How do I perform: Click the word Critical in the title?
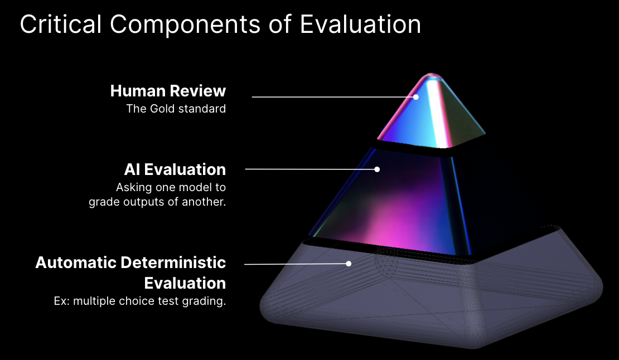[61, 24]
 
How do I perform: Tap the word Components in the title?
[185, 25]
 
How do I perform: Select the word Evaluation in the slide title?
[360, 24]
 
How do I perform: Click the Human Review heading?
[168, 91]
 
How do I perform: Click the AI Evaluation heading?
[175, 169]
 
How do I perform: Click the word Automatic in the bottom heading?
[75, 262]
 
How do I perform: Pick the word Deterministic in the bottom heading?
[173, 262]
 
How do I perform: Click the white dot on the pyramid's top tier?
[415, 97]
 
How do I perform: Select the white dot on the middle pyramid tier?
[377, 169]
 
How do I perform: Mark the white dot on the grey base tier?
[349, 264]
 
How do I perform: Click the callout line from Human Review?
[333, 97]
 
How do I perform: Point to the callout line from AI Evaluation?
[311, 169]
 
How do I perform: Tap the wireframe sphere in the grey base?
[386, 261]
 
